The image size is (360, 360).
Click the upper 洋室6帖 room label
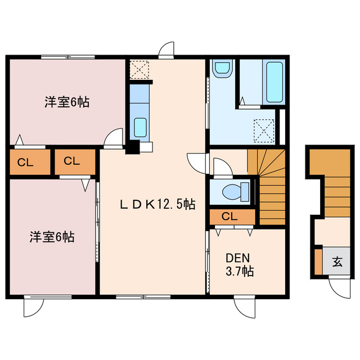pyautogui.click(x=67, y=102)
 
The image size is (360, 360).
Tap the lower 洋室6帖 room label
pyautogui.click(x=52, y=237)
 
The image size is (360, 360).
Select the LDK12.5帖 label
pyautogui.click(x=157, y=205)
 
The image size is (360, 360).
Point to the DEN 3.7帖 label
pyautogui.click(x=239, y=264)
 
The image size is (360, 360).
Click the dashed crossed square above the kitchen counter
pyautogui.click(x=138, y=69)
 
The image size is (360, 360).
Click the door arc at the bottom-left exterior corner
pyautogui.click(x=33, y=307)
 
